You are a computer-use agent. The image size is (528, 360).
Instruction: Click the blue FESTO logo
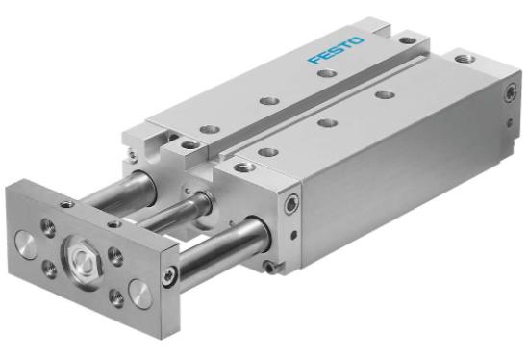coord(336,50)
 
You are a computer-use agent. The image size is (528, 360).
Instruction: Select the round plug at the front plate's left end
coord(26,244)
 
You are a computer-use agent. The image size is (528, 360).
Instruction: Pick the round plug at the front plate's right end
coord(140,294)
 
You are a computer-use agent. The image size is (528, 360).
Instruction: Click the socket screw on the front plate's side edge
coord(167,277)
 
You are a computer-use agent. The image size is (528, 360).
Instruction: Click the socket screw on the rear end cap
coord(511,92)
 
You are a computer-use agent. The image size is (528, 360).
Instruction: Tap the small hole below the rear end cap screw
coord(511,121)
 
